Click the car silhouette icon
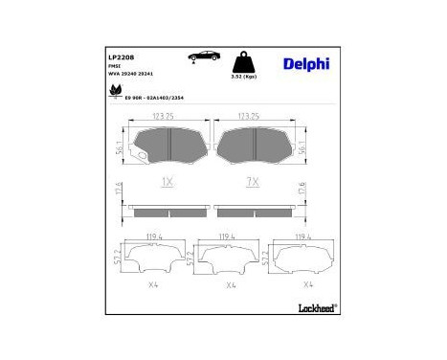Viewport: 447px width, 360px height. pyautogui.click(x=205, y=56)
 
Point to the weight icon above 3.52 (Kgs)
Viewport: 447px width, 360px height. pyautogui.click(x=252, y=60)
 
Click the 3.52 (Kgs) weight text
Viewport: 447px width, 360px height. pyautogui.click(x=251, y=76)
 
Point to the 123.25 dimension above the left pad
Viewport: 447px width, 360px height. pyautogui.click(x=168, y=118)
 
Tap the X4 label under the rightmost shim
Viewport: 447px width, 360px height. pyautogui.click(x=306, y=284)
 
